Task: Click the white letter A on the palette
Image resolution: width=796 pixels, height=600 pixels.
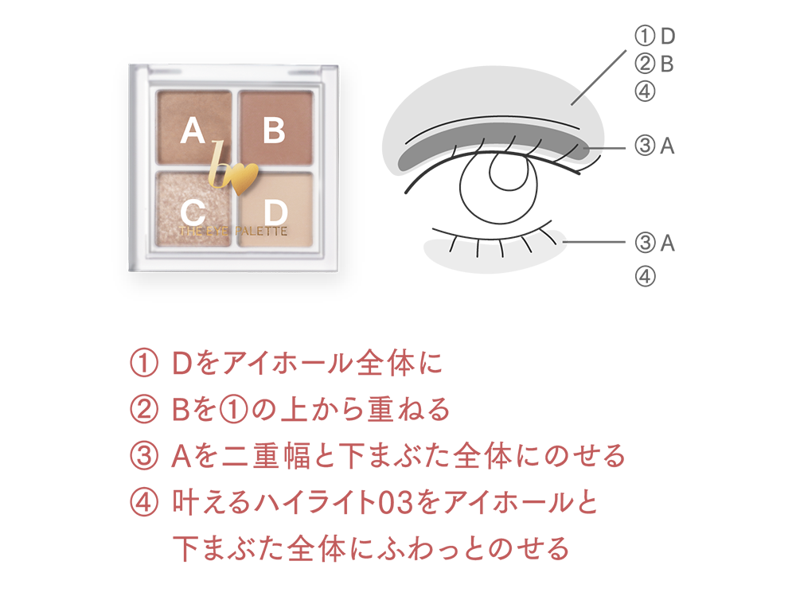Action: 193,131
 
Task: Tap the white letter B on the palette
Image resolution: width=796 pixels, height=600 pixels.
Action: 274,131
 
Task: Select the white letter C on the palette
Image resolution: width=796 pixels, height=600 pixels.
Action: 193,213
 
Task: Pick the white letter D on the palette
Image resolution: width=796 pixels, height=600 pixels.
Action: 275,212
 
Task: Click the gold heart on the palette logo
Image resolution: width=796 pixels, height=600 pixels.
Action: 244,178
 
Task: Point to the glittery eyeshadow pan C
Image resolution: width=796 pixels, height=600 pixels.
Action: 193,208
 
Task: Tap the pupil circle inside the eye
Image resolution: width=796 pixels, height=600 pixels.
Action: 512,168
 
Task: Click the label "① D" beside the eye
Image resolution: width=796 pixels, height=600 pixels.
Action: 655,36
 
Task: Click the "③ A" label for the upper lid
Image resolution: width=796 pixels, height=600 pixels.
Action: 654,146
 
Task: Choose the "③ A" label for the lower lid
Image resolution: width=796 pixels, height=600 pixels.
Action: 654,244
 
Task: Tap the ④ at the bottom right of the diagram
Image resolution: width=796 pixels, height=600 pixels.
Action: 645,277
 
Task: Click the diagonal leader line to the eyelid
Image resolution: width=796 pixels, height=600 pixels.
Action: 599,77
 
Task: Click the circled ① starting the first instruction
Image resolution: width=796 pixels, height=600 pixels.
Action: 144,364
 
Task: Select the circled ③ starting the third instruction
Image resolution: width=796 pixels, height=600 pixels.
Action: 144,456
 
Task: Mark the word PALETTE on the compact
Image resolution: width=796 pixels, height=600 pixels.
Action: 261,232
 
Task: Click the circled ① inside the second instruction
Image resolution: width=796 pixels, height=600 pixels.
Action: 232,410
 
